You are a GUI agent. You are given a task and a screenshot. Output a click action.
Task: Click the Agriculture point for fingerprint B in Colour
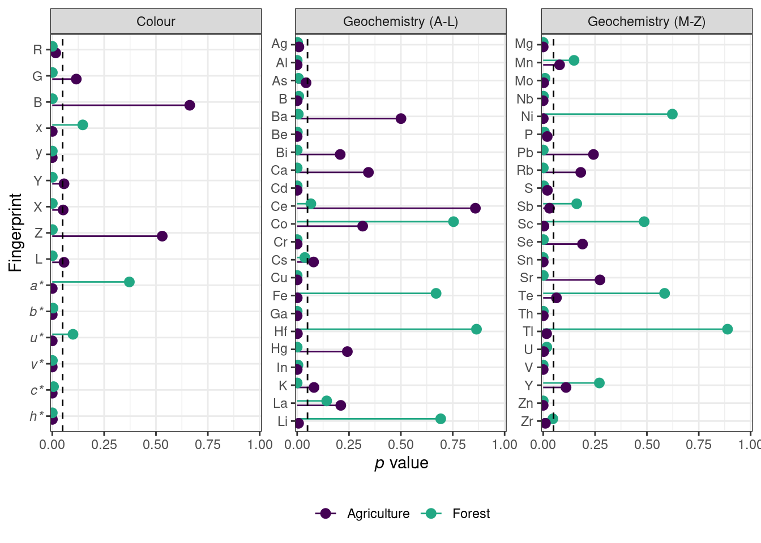(x=190, y=105)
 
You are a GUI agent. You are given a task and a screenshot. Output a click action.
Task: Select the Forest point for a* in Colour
(x=129, y=282)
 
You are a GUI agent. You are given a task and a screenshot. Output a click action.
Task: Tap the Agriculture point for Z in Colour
(x=162, y=236)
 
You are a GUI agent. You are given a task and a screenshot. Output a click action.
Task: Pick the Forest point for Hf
(x=476, y=329)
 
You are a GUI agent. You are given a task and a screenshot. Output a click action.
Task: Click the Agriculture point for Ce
(x=475, y=208)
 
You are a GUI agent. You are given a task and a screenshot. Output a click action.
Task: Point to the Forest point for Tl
(x=728, y=329)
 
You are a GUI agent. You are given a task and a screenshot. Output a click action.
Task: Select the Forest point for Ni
(x=672, y=114)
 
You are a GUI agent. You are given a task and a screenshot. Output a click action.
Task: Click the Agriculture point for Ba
(x=401, y=118)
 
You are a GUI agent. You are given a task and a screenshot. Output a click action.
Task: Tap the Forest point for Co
(x=454, y=222)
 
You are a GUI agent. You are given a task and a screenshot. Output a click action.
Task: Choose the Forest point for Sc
(x=644, y=222)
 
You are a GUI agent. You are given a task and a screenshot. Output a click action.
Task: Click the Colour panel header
(x=156, y=21)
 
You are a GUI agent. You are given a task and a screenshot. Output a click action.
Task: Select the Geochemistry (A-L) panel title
(x=400, y=21)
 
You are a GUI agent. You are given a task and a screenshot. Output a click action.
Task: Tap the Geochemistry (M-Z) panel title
(x=646, y=21)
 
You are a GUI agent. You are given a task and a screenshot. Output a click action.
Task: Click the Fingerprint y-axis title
(x=15, y=232)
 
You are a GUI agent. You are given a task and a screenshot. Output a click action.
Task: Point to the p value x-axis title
(x=401, y=463)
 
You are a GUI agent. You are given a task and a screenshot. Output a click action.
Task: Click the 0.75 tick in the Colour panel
(x=208, y=445)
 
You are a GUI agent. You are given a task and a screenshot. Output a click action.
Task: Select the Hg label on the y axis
(x=279, y=348)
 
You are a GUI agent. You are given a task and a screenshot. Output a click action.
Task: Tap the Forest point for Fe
(x=436, y=293)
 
